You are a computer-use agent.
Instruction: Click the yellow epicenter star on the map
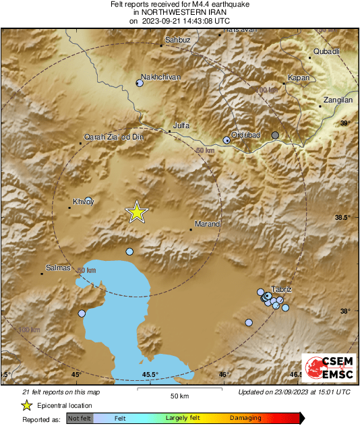pos(137,212)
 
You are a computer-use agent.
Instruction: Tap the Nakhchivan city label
pos(160,77)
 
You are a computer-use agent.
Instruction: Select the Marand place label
pos(204,223)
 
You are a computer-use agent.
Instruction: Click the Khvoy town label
pos(83,202)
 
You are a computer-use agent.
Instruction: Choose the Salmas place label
pos(57,268)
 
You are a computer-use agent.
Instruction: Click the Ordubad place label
pos(245,135)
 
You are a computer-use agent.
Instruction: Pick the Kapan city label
pos(299,78)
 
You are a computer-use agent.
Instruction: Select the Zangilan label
pos(336,100)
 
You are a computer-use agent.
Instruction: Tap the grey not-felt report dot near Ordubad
pos(275,135)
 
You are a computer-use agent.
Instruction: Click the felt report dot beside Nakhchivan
pos(140,84)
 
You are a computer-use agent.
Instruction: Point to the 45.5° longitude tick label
pos(150,375)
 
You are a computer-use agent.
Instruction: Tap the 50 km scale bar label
pos(179,395)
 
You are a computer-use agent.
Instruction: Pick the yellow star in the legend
pos(27,405)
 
